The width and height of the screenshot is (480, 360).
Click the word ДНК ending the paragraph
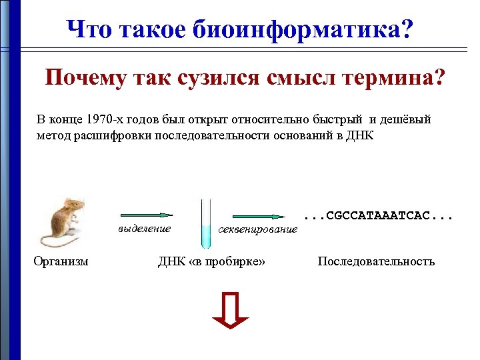[x=361, y=135]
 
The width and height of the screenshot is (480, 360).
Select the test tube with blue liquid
[x=206, y=223]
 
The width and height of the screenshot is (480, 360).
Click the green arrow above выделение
[x=146, y=215]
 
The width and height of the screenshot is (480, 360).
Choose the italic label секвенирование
[x=258, y=229]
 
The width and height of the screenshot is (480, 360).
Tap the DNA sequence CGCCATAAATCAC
[x=378, y=216]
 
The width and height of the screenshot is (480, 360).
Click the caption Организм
[x=61, y=261]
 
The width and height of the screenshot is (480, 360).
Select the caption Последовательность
[x=376, y=261]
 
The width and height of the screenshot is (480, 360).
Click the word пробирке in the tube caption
[x=235, y=261]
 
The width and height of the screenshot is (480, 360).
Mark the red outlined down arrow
[x=230, y=311]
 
